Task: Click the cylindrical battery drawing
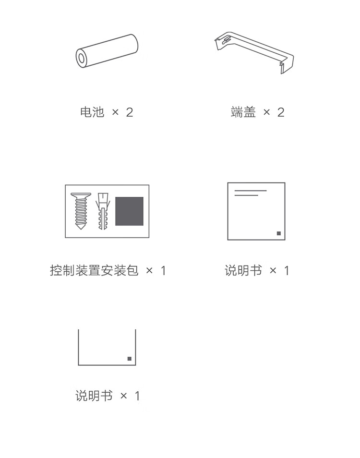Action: [x=107, y=51]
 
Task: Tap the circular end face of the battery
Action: [x=82, y=59]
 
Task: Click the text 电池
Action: [x=92, y=112]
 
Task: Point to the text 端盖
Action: [x=243, y=112]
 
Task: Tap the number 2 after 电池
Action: [x=129, y=112]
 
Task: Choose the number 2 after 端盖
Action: [x=281, y=112]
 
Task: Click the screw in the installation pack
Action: [x=81, y=211]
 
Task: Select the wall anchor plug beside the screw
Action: [x=103, y=211]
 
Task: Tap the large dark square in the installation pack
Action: [x=129, y=211]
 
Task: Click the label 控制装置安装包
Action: [x=94, y=270]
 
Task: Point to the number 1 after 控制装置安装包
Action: [x=163, y=271]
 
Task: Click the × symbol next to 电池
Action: [x=115, y=112]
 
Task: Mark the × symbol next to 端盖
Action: [x=266, y=112]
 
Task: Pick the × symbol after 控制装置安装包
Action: [x=149, y=271]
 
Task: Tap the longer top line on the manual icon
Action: [x=251, y=191]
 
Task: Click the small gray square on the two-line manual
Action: [x=279, y=233]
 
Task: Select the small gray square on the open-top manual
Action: [x=130, y=359]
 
